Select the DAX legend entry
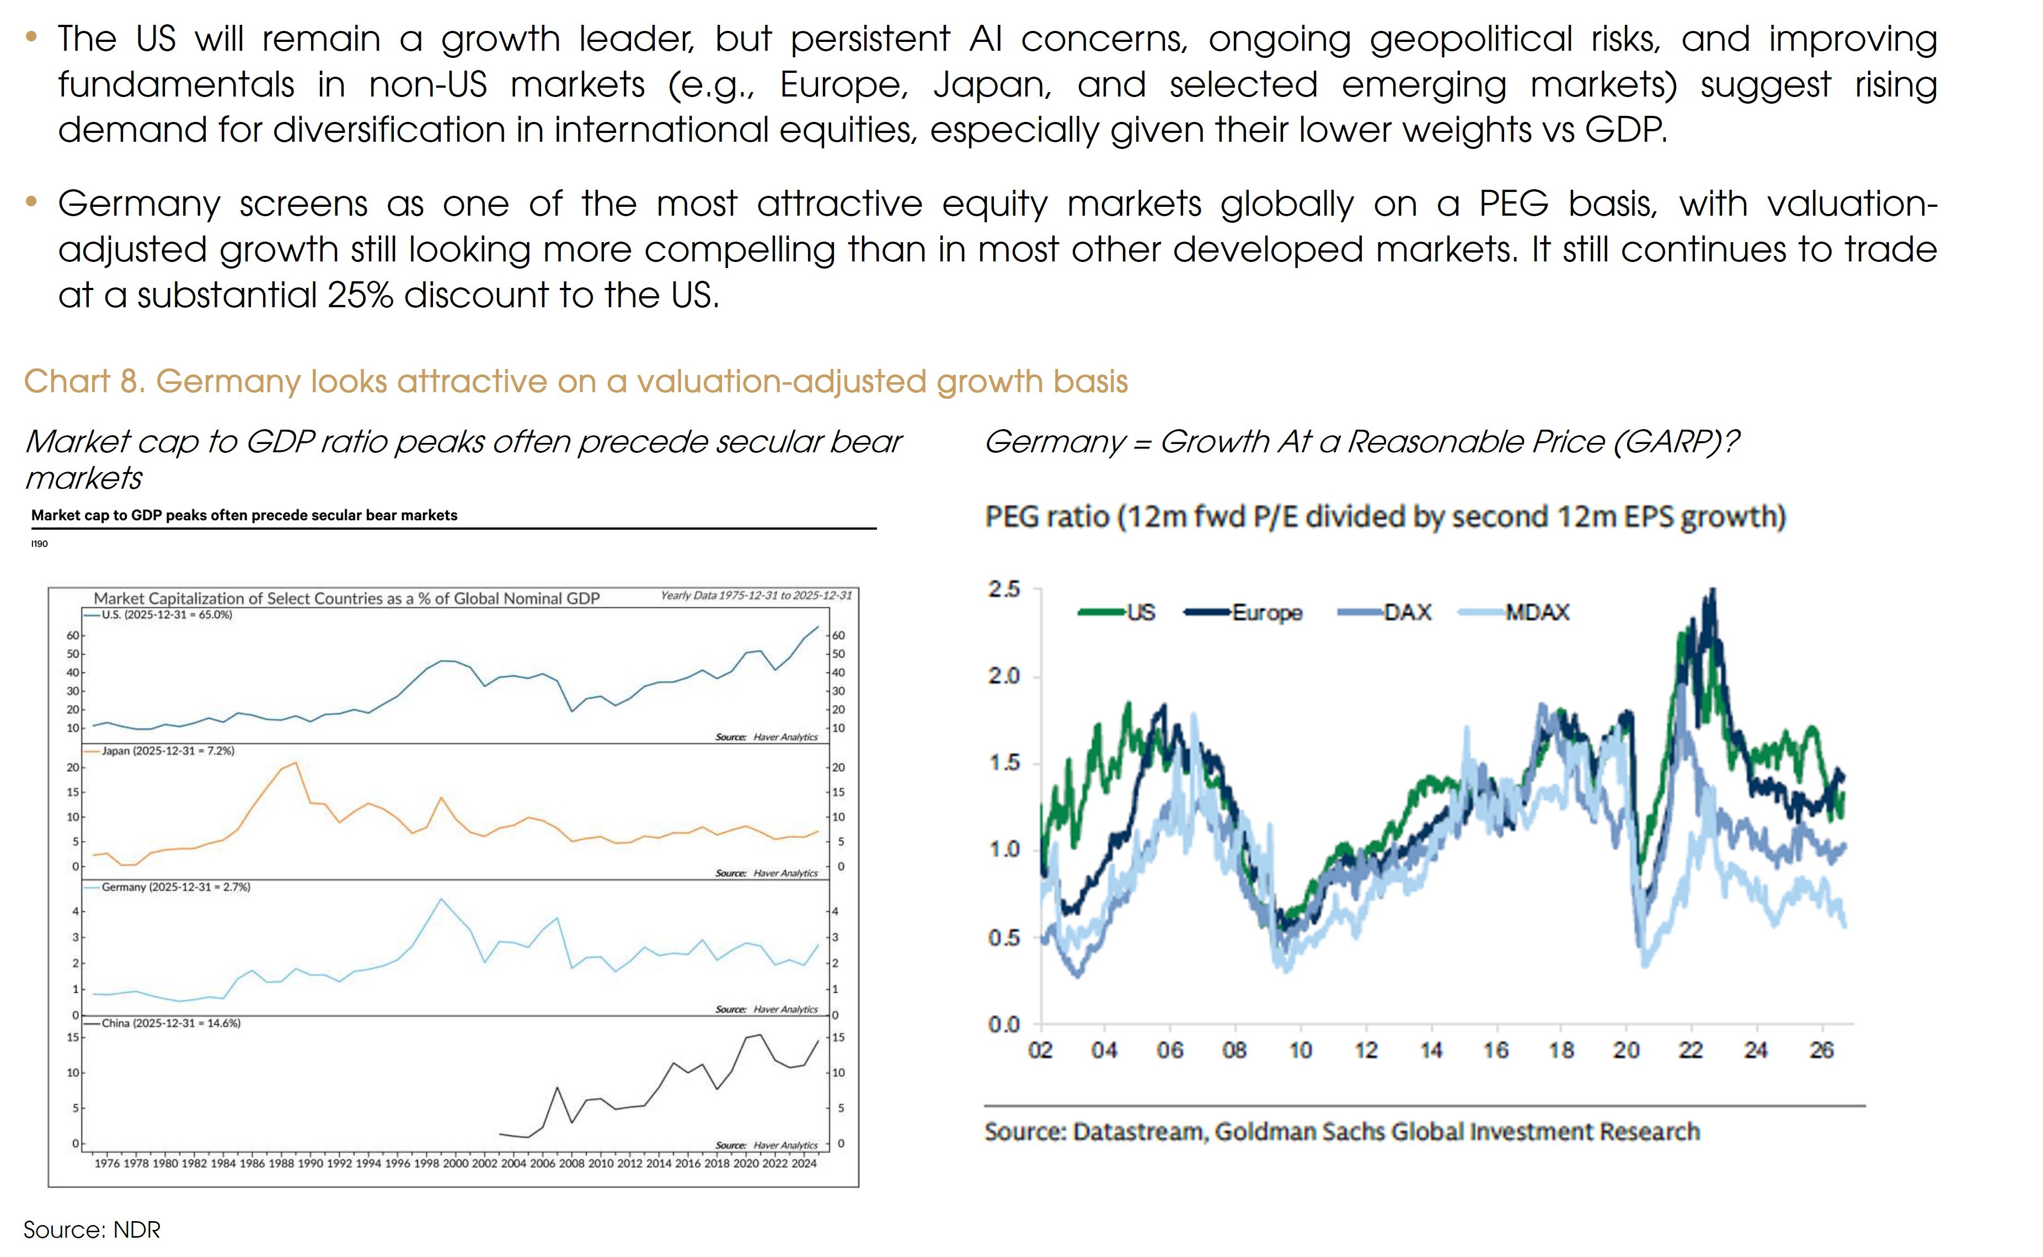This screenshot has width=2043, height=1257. click(x=1384, y=613)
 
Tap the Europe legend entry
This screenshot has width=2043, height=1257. click(x=1243, y=613)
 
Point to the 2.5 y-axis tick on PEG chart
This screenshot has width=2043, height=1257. click(x=1004, y=590)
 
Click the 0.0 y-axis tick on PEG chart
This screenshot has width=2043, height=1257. click(x=1004, y=1024)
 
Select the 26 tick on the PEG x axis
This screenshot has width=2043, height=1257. click(x=1821, y=1051)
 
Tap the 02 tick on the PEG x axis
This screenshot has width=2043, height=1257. click(x=1041, y=1051)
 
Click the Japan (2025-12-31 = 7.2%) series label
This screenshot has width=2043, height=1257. click(x=168, y=751)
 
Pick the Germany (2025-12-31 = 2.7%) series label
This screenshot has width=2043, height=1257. click(x=175, y=887)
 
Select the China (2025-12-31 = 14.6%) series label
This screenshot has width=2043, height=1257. click(x=171, y=1023)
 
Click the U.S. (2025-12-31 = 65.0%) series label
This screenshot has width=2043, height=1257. click(x=167, y=615)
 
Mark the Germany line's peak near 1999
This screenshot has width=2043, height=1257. click(x=441, y=898)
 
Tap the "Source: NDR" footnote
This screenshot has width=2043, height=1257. click(x=92, y=1229)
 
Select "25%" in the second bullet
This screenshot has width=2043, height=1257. click(x=361, y=295)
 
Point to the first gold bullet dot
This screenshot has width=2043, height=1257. click(x=31, y=36)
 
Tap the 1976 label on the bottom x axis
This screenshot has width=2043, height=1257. click(x=107, y=1164)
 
